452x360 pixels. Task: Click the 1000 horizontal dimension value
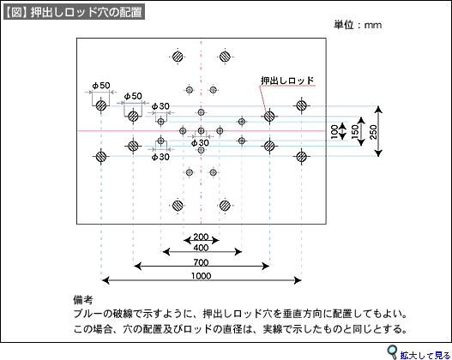pos(201,276)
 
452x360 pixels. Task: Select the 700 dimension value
pos(201,262)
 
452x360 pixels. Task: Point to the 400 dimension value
pos(201,248)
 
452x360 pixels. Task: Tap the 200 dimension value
pos(201,237)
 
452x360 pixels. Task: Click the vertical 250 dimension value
pos(373,132)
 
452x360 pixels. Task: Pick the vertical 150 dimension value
pos(355,132)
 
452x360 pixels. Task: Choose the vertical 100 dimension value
pos(334,132)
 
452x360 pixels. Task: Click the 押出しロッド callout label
pos(287,81)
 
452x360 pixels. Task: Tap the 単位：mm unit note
pos(358,25)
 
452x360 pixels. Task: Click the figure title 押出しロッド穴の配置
pos(87,12)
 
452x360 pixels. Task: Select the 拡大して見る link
pos(425,355)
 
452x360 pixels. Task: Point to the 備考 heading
pos(83,300)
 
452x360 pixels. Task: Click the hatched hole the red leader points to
pos(269,117)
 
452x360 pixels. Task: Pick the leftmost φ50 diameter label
pos(101,85)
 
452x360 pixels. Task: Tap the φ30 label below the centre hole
pos(200,142)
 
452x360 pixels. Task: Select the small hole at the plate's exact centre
pos(202,131)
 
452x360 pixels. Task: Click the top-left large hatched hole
pos(178,57)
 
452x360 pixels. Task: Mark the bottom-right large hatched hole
pos(225,206)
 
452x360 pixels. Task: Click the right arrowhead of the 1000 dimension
pos(298,280)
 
